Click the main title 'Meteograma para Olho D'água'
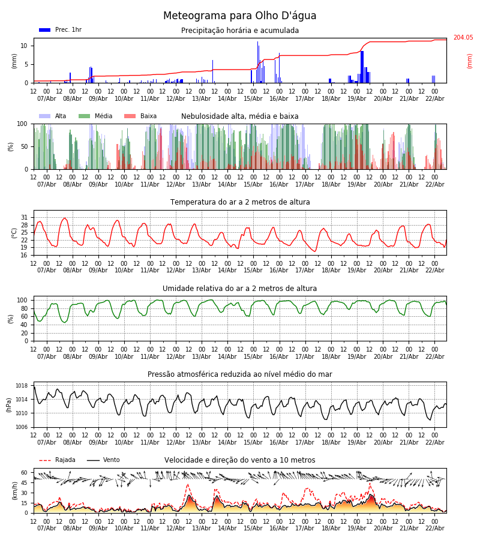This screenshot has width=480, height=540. pos(239,16)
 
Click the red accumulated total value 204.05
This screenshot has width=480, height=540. pos(463,38)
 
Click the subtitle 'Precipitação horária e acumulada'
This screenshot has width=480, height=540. pos(240,31)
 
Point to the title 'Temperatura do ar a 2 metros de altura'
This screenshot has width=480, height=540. pos(240,202)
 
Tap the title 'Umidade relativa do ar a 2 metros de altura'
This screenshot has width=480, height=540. pos(240,289)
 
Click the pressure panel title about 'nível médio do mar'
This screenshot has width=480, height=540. pos(240,374)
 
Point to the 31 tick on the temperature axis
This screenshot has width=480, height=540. pos(25,218)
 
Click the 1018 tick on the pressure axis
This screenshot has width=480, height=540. pos(22,386)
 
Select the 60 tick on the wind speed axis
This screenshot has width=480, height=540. pos(25,472)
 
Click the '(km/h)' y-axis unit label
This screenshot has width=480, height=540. pos(14,490)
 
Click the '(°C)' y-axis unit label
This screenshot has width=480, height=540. pos(14,233)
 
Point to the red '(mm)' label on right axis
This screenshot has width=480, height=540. pos(470,61)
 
